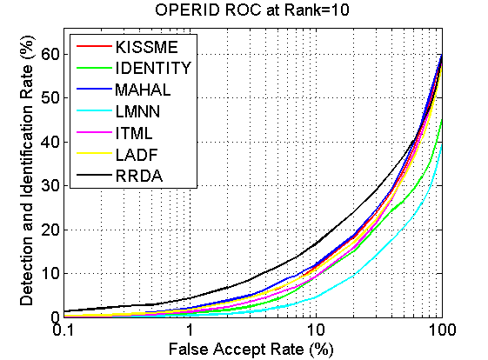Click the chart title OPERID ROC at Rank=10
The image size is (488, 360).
coord(252,10)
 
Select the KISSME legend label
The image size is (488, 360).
coord(147,47)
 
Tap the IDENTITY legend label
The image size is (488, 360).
coord(153,68)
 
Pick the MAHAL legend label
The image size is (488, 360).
coord(143,90)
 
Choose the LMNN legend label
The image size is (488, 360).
coord(137,111)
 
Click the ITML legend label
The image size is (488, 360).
coord(134,133)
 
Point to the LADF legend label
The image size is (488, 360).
coord(137,155)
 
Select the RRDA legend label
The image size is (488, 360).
coord(139,176)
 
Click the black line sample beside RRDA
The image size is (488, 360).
coord(94,175)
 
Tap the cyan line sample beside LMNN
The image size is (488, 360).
coord(94,110)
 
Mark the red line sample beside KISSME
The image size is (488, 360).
coord(94,46)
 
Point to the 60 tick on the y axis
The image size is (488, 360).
coord(50,55)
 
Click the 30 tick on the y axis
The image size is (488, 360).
coord(50,186)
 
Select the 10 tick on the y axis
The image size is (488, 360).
coord(50,274)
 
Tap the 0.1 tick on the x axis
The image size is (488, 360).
coord(64,330)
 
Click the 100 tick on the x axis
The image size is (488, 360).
coord(442,330)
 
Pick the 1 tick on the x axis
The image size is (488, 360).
coord(190,330)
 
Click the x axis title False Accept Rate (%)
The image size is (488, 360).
coord(251,349)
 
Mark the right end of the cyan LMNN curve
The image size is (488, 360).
coord(442,144)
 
